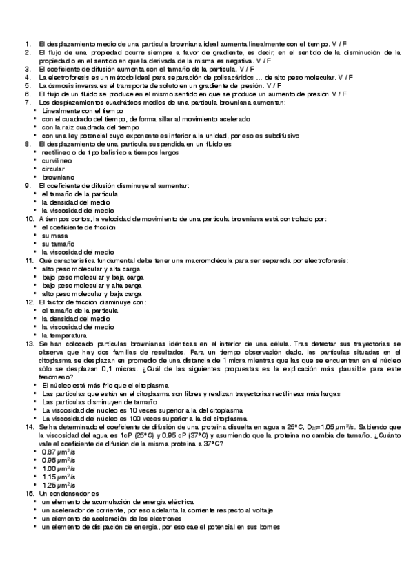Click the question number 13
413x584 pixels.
click(x=29, y=342)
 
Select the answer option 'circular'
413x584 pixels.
click(x=53, y=169)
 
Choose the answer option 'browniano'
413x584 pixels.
click(x=57, y=177)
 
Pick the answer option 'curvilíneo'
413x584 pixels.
click(x=57, y=160)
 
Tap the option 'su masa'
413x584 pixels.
click(x=54, y=235)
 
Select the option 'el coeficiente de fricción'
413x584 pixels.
click(x=80, y=227)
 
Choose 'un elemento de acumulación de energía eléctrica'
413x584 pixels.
click(x=118, y=502)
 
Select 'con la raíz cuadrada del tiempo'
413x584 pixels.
click(x=90, y=127)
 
